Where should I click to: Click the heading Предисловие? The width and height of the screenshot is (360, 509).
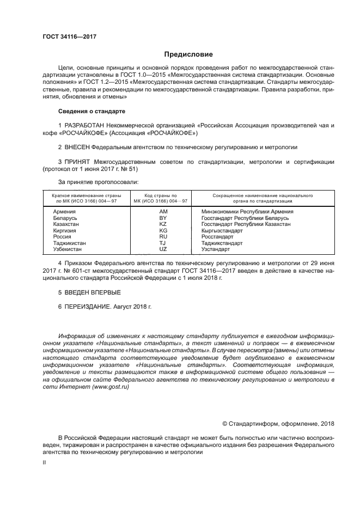[x=188, y=54]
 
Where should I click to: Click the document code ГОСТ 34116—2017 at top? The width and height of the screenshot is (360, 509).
[x=65, y=37]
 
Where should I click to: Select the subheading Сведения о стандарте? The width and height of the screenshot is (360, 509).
[x=91, y=111]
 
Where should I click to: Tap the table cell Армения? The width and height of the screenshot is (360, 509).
[x=64, y=211]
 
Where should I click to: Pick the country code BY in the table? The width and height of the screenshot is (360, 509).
[x=163, y=217]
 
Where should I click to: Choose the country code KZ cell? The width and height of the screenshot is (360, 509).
[x=163, y=224]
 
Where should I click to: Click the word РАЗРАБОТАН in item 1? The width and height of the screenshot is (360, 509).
[x=85, y=126]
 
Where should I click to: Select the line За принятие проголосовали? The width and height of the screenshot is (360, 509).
[x=98, y=181]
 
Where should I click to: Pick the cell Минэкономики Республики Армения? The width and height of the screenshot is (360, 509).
[x=247, y=211]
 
